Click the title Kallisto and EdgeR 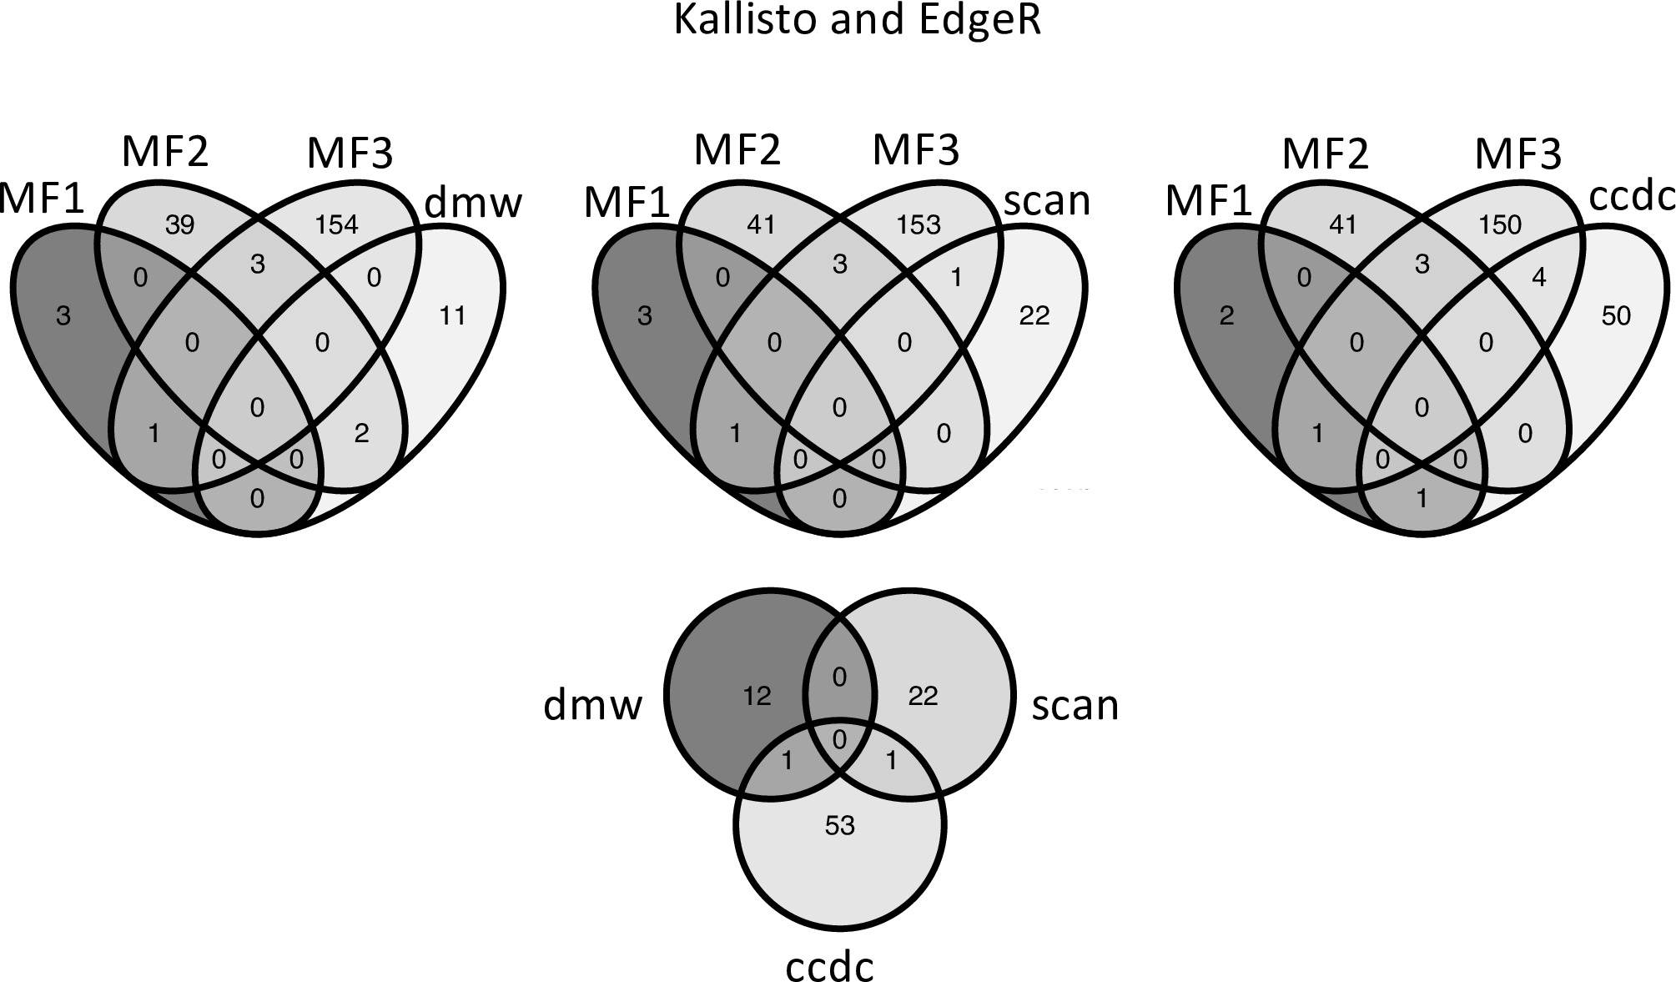click(x=857, y=21)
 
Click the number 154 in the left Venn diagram click(x=336, y=225)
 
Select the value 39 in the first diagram click(x=180, y=225)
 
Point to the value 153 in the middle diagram click(x=919, y=225)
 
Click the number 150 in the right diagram click(x=1500, y=225)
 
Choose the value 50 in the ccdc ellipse click(x=1616, y=315)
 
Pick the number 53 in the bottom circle click(x=839, y=825)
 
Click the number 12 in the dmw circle click(x=757, y=695)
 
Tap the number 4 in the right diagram click(x=1539, y=277)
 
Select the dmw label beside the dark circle click(x=593, y=705)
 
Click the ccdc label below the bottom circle click(x=829, y=966)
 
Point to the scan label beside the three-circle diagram click(x=1075, y=705)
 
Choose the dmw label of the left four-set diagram click(x=473, y=203)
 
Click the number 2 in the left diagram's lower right click(x=361, y=433)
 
